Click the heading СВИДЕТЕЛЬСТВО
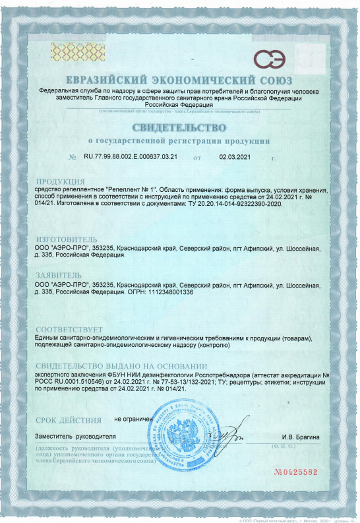(x=179, y=127)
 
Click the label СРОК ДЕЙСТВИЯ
(x=69, y=419)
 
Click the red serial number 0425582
(x=299, y=472)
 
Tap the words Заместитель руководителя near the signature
(x=75, y=437)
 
